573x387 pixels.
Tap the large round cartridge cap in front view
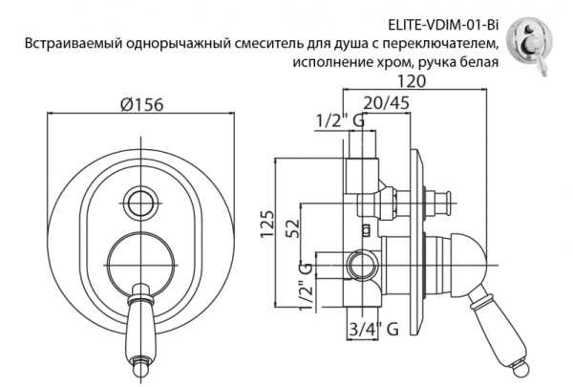click(140, 260)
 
